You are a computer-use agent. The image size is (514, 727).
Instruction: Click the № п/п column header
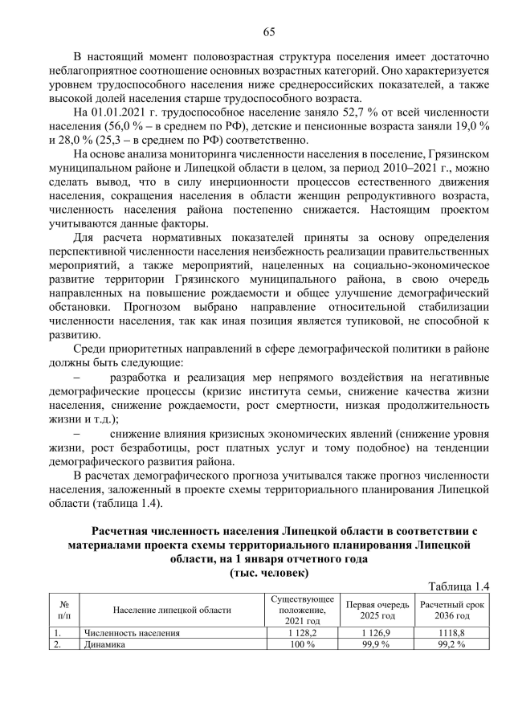(63, 610)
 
